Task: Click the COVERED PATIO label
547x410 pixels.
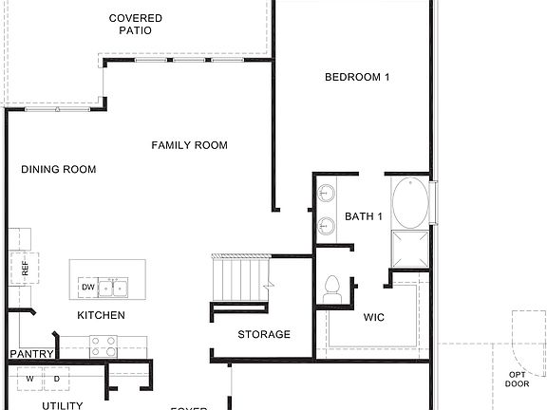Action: pyautogui.click(x=135, y=24)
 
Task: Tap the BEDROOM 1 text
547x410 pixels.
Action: pyautogui.click(x=357, y=78)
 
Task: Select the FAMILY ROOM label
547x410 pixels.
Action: pyautogui.click(x=189, y=145)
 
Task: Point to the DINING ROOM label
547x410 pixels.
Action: pyautogui.click(x=59, y=170)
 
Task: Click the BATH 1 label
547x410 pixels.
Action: pyautogui.click(x=363, y=217)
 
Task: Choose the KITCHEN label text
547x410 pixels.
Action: pyautogui.click(x=101, y=315)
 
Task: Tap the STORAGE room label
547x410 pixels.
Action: pyautogui.click(x=264, y=334)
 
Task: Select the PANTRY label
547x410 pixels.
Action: pyautogui.click(x=30, y=354)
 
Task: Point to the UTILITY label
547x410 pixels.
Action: pyautogui.click(x=63, y=405)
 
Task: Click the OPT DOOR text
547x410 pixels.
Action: pyautogui.click(x=518, y=379)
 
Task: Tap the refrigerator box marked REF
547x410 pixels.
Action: pyautogui.click(x=25, y=268)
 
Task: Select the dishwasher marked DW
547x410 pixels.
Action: pyautogui.click(x=87, y=287)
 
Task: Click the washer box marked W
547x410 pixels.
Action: pyautogui.click(x=29, y=379)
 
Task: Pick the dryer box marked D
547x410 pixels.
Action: pyautogui.click(x=56, y=379)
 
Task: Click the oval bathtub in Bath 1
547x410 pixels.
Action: pyautogui.click(x=410, y=202)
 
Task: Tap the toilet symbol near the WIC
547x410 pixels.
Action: pyautogui.click(x=332, y=289)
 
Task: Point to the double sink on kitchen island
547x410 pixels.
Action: pyautogui.click(x=115, y=287)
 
